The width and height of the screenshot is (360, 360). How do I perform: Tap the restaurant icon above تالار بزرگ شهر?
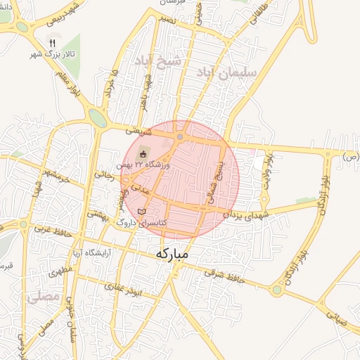51,42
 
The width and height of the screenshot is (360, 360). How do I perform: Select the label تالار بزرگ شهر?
51,54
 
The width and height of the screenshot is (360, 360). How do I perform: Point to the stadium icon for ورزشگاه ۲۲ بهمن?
143,154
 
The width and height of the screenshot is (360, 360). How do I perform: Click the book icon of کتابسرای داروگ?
142,212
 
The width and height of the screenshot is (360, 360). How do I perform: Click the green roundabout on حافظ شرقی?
278,289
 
